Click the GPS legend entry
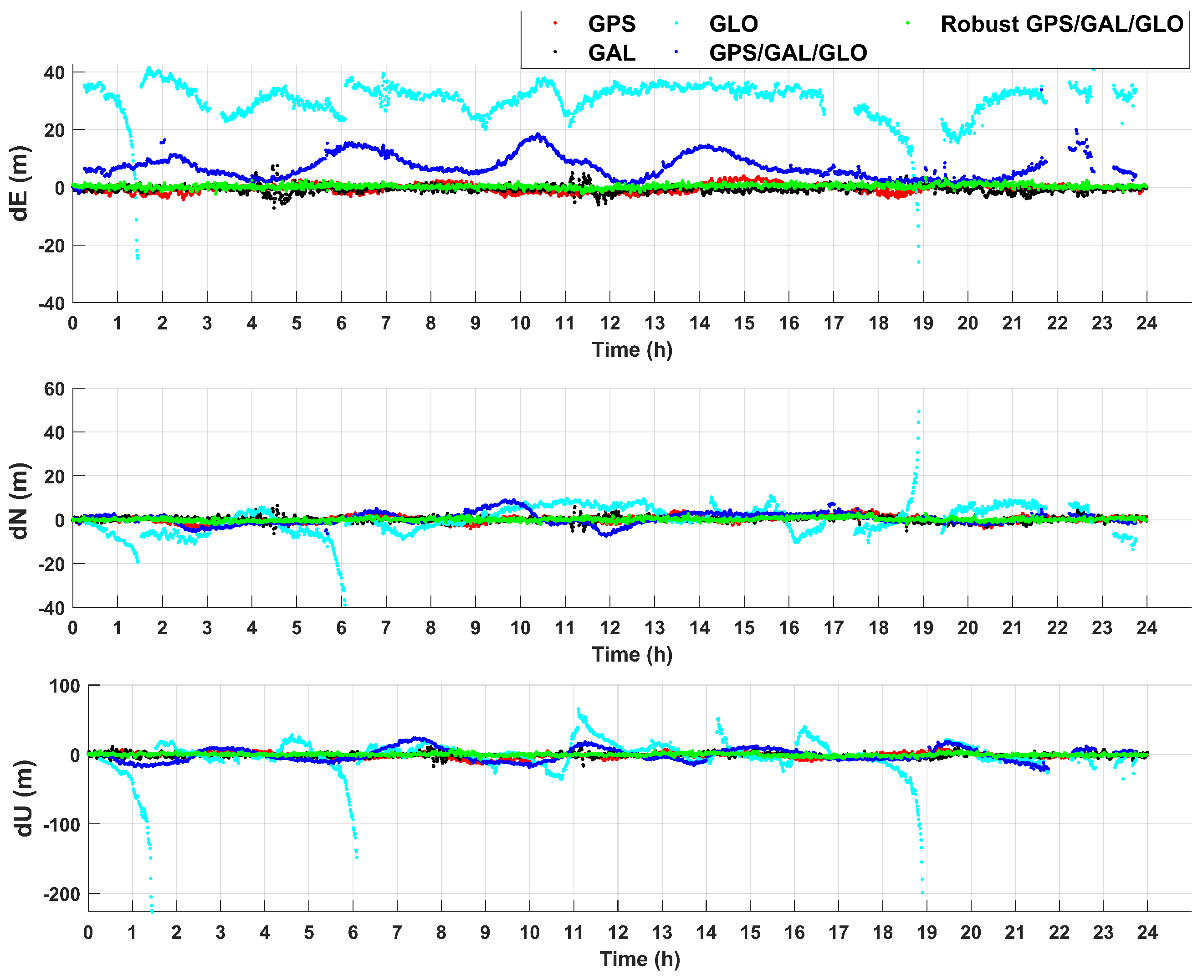[611, 24]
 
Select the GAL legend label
[611, 53]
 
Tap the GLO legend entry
[733, 24]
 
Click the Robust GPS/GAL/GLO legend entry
[1061, 24]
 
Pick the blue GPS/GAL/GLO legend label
[787, 53]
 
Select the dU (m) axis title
[24, 798]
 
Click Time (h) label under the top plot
[632, 349]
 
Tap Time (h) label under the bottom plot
[640, 959]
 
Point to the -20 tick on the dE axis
[51, 246]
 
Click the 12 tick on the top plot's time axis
[609, 323]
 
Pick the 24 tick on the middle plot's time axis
[1147, 628]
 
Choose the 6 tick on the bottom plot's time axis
[353, 933]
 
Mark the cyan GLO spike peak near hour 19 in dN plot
[919, 412]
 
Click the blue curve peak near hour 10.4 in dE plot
[538, 134]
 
